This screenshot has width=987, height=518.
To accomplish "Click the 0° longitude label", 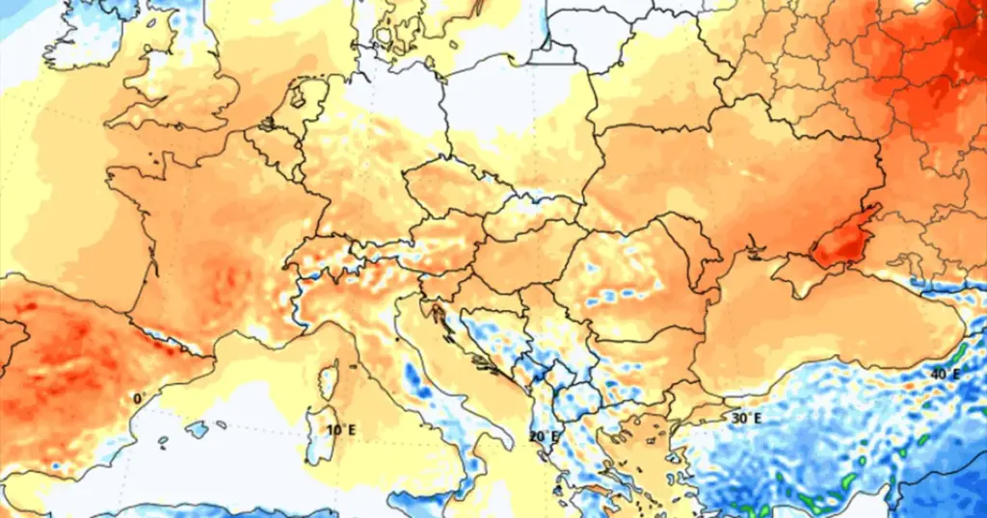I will [x=138, y=398].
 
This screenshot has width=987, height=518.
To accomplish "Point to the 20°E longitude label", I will [x=542, y=436].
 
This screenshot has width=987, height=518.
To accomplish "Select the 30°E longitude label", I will [x=746, y=418].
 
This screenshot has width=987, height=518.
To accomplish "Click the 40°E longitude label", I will [x=944, y=374].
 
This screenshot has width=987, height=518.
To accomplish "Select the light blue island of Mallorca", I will [x=197, y=429].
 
